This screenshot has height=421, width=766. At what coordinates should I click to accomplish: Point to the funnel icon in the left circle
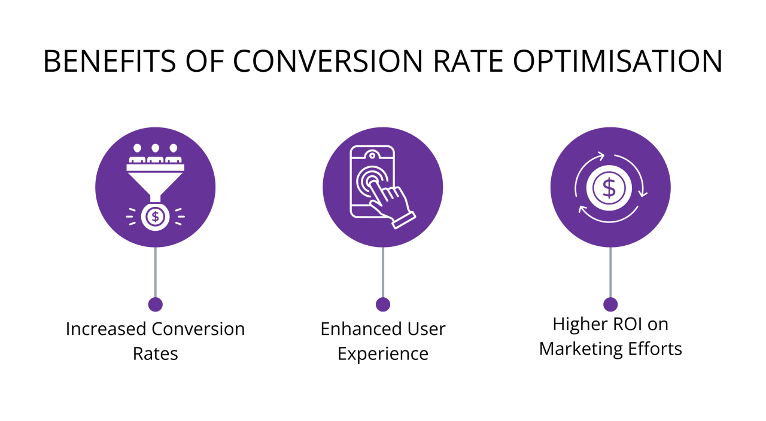pos(155,179)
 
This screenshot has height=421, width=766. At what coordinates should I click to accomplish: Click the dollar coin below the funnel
pos(155,216)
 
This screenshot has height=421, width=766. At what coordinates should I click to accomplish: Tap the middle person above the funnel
pos(155,153)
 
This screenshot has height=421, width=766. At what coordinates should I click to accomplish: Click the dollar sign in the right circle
pos(609,188)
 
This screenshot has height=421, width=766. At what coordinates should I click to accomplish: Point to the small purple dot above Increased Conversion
pos(155,304)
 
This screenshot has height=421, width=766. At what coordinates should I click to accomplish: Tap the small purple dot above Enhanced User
pos(383,304)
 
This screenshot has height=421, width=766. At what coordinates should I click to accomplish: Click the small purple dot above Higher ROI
pos(610,304)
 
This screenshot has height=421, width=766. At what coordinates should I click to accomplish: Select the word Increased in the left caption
pos(107,329)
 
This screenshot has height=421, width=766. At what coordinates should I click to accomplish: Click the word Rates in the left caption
pos(155,353)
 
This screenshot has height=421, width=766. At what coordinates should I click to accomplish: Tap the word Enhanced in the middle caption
pos(360,329)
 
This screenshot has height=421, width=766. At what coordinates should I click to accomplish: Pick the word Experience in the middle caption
pos(383,353)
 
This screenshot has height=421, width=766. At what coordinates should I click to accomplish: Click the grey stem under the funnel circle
pos(155,272)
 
